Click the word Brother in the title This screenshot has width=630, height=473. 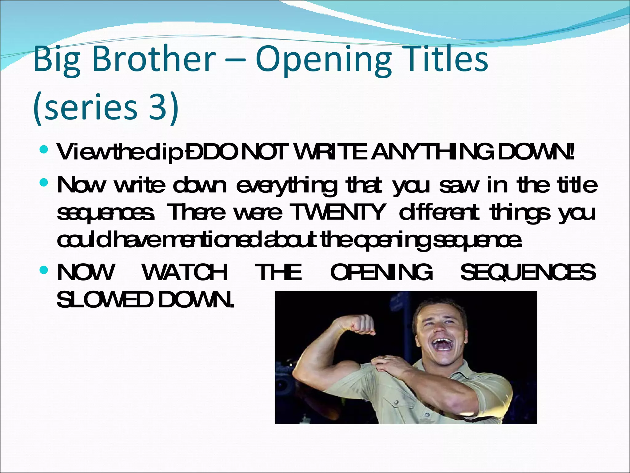pos(154,59)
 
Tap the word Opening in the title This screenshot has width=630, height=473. pos(323,60)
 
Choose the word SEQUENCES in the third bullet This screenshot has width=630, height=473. pos(528,272)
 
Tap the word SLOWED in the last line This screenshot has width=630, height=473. pos(105,300)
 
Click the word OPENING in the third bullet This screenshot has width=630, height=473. pos(381,272)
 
